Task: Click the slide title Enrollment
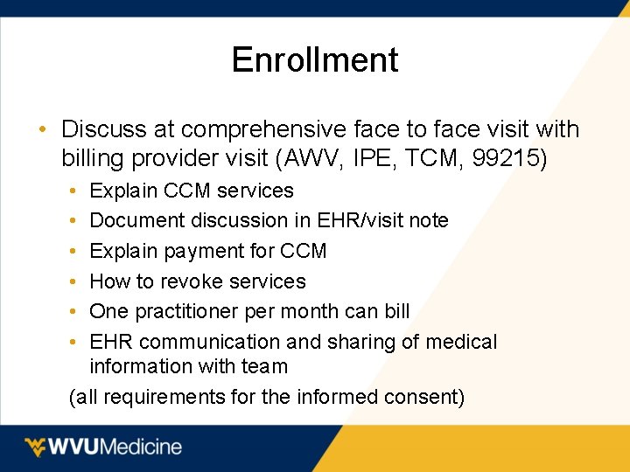315,59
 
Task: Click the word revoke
189,281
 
